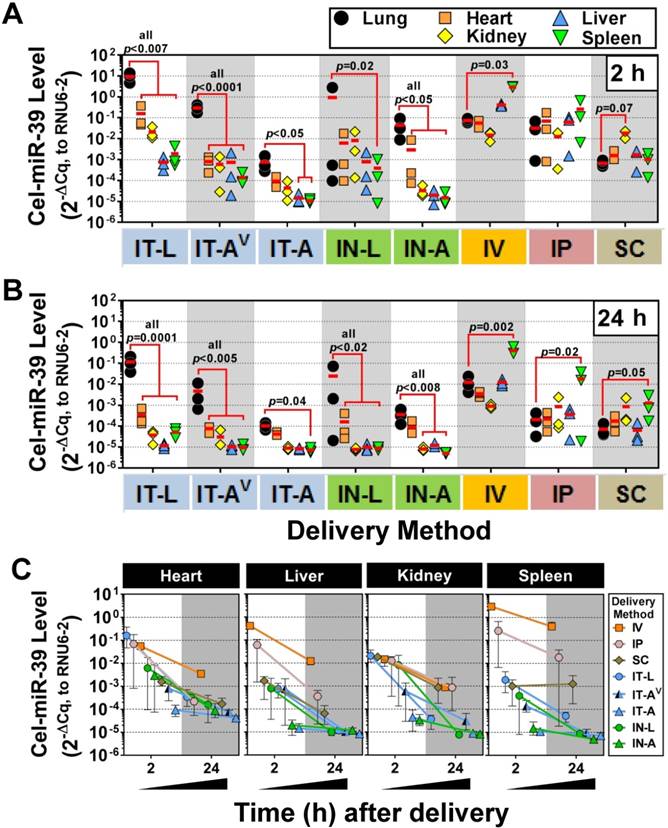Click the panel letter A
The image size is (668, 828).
[16, 18]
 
